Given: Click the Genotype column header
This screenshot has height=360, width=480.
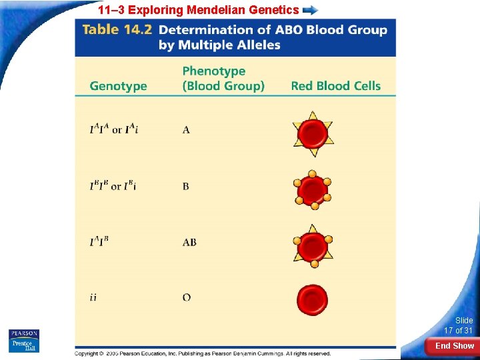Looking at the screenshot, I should coord(118,86).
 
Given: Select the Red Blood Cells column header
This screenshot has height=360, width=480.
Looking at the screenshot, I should coord(335,86).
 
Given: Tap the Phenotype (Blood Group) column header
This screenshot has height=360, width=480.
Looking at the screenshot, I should coord(223,79).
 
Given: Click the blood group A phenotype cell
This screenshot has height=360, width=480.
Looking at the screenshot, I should coord(186,130).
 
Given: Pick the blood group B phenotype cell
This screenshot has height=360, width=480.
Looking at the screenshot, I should coord(186,187).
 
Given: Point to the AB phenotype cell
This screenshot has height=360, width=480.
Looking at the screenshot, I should coord(189,242).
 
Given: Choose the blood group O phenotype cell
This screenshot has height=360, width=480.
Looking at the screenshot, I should coord(187,297).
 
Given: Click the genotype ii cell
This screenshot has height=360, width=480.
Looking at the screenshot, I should coord(93,297).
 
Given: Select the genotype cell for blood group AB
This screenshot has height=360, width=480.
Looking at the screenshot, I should coord(99,241).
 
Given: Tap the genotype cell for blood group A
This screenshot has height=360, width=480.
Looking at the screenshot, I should coord(114,129).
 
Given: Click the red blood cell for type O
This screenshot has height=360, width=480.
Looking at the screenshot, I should coord(311,300).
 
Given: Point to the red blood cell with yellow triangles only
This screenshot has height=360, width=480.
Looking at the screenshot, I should coord(312,133).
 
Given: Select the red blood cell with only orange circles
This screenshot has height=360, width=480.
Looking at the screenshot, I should coord(312,190).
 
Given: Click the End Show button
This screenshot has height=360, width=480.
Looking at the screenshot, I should coord(453,346).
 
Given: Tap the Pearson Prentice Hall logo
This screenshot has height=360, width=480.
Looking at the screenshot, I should coord(24,340).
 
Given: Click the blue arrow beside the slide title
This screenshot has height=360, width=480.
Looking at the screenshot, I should coord(310,10).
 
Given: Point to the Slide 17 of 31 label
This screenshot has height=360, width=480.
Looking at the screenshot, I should coord(459,325).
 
